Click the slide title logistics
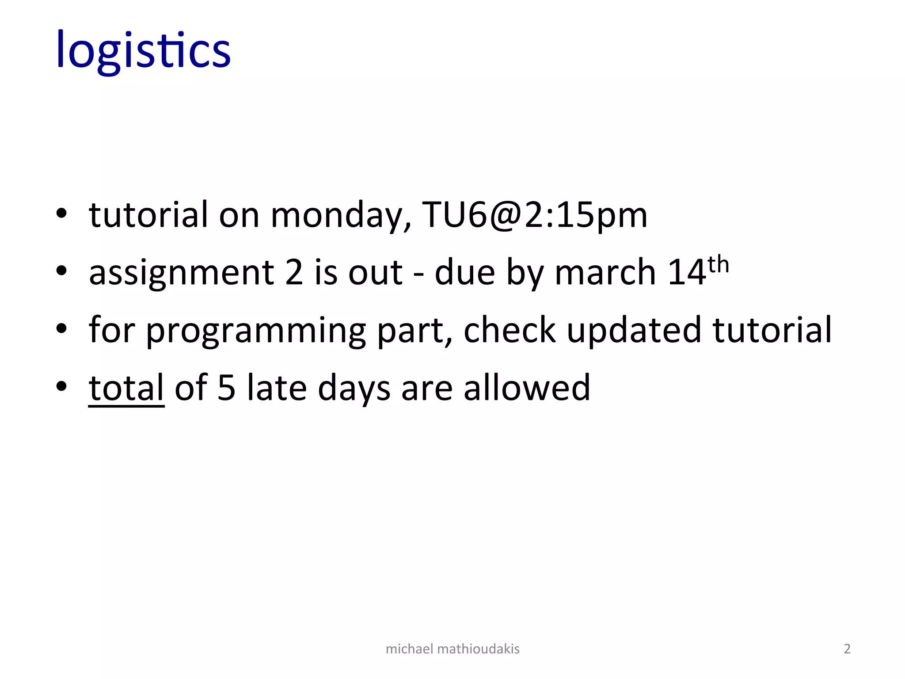click(144, 50)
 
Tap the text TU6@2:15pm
click(535, 215)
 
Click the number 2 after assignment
click(294, 272)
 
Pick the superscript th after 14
click(718, 265)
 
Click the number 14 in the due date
click(687, 272)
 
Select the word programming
click(256, 331)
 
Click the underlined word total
click(126, 388)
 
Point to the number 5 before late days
click(226, 388)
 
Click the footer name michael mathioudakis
click(452, 649)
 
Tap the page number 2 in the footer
click(847, 649)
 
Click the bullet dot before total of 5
click(61, 386)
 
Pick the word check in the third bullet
click(510, 330)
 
